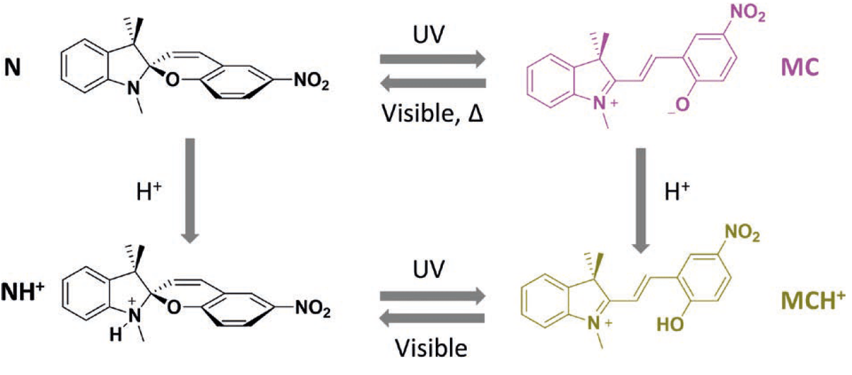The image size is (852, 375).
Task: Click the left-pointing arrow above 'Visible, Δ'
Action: [432, 83]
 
